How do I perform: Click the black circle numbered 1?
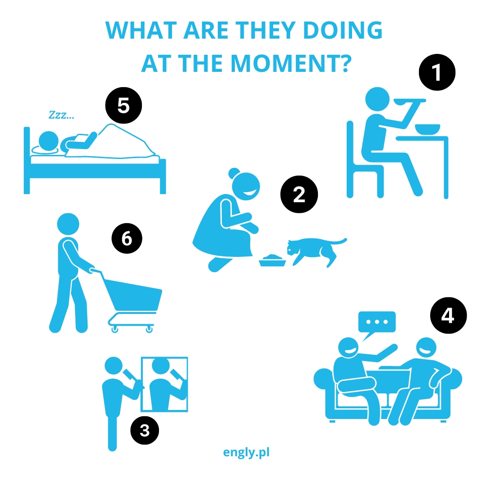coord(437,72)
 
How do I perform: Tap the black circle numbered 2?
coord(299,194)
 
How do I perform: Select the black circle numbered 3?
coord(145,430)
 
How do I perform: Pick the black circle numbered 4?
coord(449,316)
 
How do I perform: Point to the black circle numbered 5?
coord(124,106)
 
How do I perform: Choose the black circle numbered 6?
coord(127,238)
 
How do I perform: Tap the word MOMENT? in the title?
coord(291,63)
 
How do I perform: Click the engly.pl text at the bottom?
coord(246,453)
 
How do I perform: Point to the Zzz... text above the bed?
coord(61,115)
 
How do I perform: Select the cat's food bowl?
coord(273,260)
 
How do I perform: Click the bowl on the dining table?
coord(428,129)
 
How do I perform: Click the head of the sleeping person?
coord(48,141)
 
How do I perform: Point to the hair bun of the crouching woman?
coord(234,173)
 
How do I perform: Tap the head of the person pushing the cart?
coord(68,224)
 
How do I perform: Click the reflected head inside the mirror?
coord(160,366)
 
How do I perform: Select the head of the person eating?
coord(377,99)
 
